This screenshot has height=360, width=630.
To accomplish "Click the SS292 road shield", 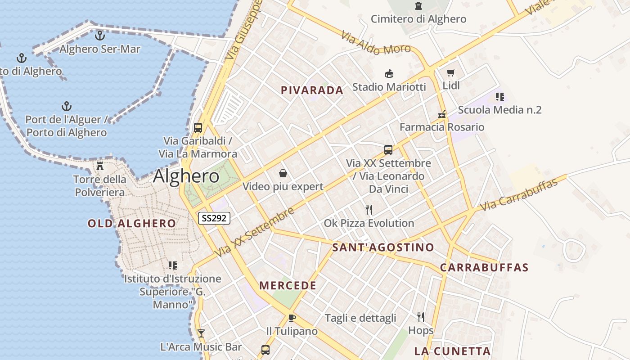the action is point(214,218).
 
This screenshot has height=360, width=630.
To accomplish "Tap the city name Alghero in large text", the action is point(186,176).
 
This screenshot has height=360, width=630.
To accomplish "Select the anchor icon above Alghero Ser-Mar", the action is point(100,35).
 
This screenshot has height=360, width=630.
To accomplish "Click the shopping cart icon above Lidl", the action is point(451,72).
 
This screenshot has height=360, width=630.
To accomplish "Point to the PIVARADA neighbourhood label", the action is point(312,90).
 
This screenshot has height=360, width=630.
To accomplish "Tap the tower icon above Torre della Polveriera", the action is point(100,166).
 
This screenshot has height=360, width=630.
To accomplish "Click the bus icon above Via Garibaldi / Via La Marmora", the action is point(198,127).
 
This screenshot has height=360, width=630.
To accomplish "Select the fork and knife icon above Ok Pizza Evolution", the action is point(369,209).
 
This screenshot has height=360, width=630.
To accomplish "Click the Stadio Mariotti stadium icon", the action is point(389,73).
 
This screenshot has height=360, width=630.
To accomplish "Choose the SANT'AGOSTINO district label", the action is point(383,247).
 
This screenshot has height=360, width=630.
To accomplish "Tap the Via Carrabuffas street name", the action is point(519,195).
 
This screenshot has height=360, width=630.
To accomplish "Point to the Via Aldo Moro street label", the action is point(376,43).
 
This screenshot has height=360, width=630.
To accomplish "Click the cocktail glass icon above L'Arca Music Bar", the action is point(201,333).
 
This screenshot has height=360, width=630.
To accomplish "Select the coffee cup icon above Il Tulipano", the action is point(292,318).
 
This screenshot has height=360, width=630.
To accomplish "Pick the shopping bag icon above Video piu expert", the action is point(283,173).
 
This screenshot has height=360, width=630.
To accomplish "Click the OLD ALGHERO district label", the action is point(131,224).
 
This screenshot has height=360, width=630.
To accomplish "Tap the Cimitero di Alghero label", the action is point(418,19).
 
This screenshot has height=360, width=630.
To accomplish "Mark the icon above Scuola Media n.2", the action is point(499,96).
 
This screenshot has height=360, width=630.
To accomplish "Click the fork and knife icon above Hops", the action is point(421,317).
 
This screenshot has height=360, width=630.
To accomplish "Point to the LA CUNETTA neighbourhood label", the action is point(452,351).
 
